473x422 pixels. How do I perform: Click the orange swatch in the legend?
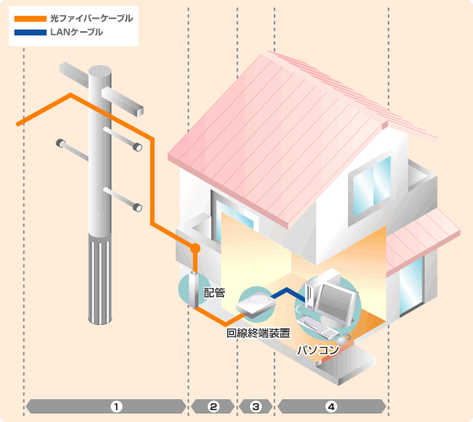click(x=30, y=19)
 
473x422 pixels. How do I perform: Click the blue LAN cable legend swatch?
click(x=30, y=32)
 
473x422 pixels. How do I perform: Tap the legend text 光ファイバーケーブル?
click(x=92, y=19)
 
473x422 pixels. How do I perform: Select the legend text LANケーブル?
click(x=77, y=32)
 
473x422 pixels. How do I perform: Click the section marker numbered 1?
click(x=117, y=407)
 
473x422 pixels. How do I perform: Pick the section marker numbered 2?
click(x=213, y=407)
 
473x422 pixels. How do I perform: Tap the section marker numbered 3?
click(x=256, y=407)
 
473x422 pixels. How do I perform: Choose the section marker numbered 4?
click(x=331, y=407)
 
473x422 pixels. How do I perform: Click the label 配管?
click(x=215, y=293)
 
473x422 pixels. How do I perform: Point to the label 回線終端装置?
click(x=258, y=333)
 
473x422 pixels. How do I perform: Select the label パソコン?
click(x=318, y=350)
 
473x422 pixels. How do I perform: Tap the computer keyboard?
click(x=318, y=327)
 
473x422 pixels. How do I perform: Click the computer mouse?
click(x=342, y=341)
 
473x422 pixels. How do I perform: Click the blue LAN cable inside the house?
click(x=289, y=294)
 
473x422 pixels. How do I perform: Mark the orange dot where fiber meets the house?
click(x=195, y=248)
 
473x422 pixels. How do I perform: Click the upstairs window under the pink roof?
click(x=372, y=186)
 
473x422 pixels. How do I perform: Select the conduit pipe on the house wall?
click(x=193, y=289)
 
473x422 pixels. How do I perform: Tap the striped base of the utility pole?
click(x=100, y=279)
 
